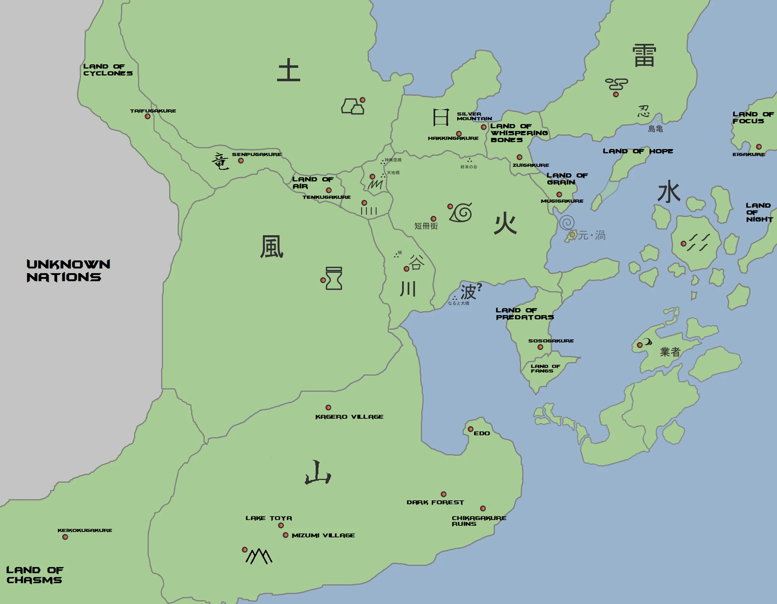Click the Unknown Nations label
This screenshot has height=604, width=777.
coord(68,271)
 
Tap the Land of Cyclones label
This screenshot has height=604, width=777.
coord(108,70)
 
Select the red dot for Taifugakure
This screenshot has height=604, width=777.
coord(148,116)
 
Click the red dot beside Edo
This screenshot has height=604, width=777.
coord(470,429)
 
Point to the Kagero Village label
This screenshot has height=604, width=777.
coord(349,417)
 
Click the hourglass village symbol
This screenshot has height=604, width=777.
coord(334,278)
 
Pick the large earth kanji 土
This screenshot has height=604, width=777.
coord(288,70)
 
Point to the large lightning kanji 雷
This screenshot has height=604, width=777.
coord(644,56)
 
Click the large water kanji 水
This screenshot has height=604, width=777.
coord(669,193)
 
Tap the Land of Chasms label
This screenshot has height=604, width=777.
coord(35,575)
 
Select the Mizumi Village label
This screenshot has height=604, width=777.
coord(323,535)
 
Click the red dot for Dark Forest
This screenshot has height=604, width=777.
coord(443,494)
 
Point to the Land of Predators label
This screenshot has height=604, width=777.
coord(524,314)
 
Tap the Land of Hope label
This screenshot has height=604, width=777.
coord(638,151)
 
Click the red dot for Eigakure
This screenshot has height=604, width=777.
coord(759,147)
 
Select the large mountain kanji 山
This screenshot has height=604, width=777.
coord(318,473)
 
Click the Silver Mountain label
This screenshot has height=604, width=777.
coord(474,116)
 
